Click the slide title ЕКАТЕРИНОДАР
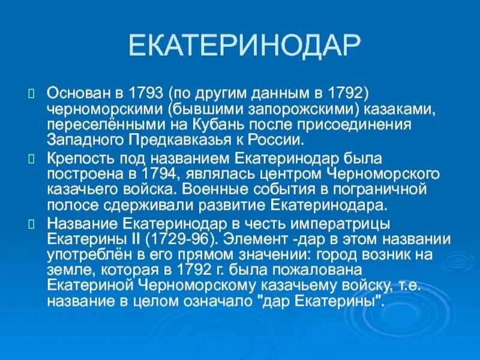[x=245, y=46]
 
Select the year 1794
[x=139, y=175]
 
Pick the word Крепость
[x=74, y=159]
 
